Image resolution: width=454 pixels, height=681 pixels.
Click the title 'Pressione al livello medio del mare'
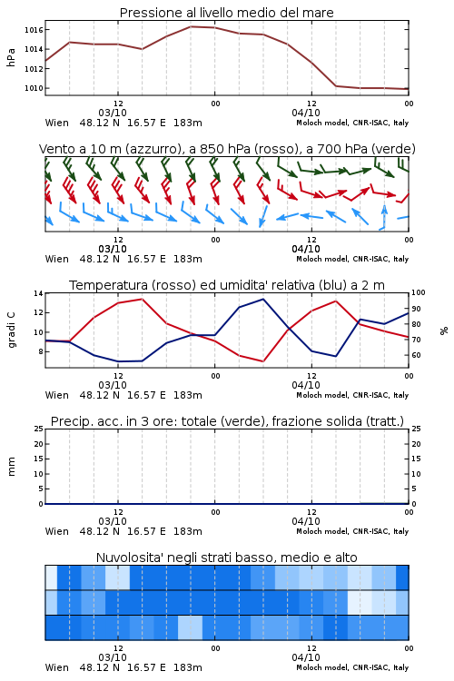[x=226, y=13]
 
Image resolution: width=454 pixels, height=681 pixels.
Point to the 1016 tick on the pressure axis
[x=34, y=30]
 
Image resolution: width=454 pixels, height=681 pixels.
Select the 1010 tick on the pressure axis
[x=34, y=88]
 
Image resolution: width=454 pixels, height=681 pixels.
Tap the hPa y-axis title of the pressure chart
[x=11, y=57]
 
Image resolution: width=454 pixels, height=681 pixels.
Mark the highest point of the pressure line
[x=191, y=26]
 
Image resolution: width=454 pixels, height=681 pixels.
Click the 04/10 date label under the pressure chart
[x=306, y=113]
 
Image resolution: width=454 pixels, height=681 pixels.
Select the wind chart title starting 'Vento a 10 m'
[x=227, y=149]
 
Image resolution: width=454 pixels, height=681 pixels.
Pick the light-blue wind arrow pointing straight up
[x=383, y=217]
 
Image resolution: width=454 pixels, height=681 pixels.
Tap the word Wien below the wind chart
[x=57, y=260]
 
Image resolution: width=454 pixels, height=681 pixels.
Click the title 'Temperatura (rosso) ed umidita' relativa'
[x=227, y=285]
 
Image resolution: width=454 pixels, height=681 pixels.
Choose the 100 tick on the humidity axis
[x=419, y=292]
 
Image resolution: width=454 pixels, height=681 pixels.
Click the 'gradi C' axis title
[x=11, y=331]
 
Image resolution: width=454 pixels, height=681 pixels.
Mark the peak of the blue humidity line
[x=263, y=299]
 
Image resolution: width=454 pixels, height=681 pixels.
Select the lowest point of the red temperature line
[x=263, y=361]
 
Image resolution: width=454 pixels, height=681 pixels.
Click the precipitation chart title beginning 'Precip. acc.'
[x=227, y=421]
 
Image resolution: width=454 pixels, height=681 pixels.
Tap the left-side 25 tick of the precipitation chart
[x=39, y=429]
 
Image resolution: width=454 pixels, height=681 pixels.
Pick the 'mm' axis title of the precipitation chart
[x=11, y=467]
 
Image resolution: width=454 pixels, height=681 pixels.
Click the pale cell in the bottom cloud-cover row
[x=191, y=627]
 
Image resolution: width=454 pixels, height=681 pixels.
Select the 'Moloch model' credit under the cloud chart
[x=322, y=667]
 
